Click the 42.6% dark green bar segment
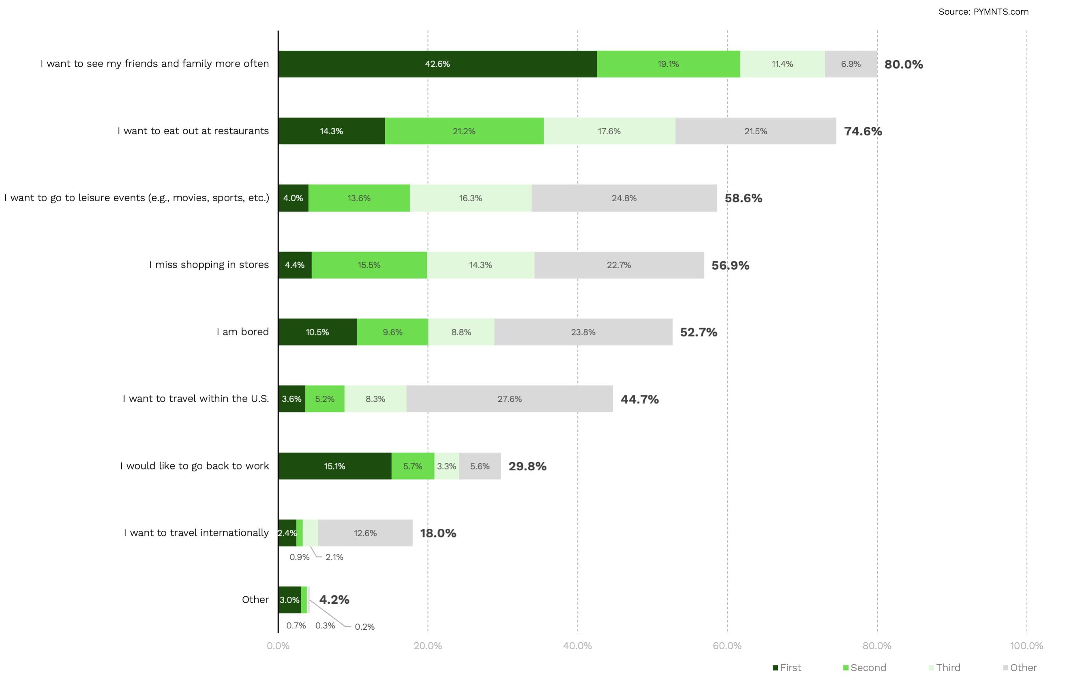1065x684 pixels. tap(437, 64)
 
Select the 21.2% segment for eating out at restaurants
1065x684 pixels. tap(464, 131)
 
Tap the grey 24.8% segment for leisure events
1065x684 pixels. tap(624, 198)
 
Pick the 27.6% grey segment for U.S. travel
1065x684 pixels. tap(510, 399)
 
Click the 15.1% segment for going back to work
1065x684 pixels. tap(334, 466)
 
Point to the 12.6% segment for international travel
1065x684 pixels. tap(365, 533)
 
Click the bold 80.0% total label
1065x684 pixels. tap(903, 64)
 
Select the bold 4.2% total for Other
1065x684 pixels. tap(334, 600)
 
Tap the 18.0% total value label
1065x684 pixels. tap(438, 533)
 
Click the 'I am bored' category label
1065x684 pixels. tap(242, 332)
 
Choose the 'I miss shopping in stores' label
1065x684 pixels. tap(209, 265)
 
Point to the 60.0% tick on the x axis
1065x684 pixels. tap(727, 646)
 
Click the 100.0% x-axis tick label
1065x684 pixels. tap(1026, 646)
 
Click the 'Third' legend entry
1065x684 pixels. tap(944, 667)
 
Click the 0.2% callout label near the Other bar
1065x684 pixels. tap(364, 627)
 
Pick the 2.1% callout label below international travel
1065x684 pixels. tap(334, 557)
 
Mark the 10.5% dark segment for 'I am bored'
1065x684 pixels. tap(317, 332)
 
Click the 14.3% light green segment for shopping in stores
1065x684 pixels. tap(480, 265)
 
